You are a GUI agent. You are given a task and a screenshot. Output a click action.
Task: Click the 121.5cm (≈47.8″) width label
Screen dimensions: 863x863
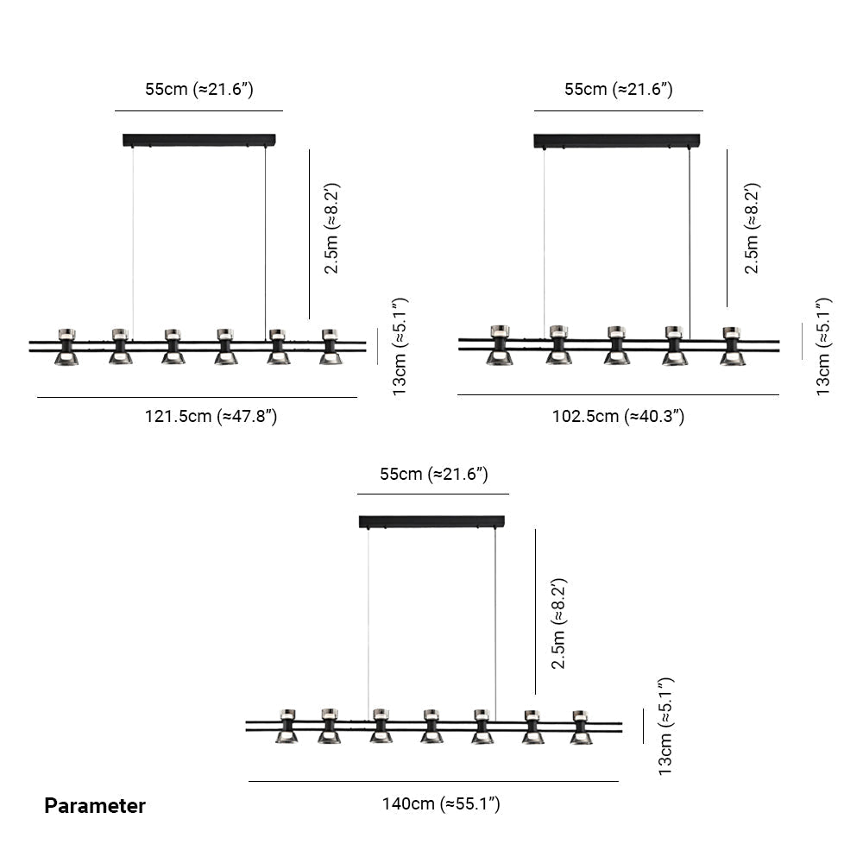[x=210, y=417]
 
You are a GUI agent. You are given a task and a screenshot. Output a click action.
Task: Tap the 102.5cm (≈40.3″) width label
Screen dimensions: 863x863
[x=618, y=417]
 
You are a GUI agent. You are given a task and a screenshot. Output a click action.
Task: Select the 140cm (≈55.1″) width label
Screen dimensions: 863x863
[x=441, y=804]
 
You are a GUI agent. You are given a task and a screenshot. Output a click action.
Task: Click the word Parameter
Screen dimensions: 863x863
[x=95, y=806]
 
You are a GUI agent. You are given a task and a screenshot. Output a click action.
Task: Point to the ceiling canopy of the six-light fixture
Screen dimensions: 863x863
[x=199, y=139]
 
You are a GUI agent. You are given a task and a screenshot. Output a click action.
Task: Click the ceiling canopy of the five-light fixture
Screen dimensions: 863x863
[x=617, y=140]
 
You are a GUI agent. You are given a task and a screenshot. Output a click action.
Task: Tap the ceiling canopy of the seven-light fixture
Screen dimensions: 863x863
[x=431, y=521]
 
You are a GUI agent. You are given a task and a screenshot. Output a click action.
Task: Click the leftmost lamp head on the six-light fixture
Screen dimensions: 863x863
[x=66, y=346]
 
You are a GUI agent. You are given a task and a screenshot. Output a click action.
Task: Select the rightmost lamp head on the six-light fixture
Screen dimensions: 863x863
[x=329, y=346]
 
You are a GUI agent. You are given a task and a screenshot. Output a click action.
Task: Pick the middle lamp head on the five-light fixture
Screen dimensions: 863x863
[x=616, y=345]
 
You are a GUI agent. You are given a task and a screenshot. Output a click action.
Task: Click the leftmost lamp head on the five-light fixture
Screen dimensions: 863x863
[x=499, y=345]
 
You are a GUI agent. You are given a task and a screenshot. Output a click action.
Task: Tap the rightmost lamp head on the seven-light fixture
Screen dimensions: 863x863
[x=581, y=728]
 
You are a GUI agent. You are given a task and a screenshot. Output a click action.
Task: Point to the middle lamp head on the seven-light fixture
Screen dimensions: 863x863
[x=432, y=727]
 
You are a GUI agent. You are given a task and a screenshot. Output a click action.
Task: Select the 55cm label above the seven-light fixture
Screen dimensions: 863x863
[x=434, y=474]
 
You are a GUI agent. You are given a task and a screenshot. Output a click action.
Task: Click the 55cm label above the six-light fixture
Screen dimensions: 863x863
[x=198, y=89]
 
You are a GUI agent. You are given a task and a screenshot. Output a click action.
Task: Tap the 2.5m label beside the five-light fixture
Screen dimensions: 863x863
[x=753, y=228]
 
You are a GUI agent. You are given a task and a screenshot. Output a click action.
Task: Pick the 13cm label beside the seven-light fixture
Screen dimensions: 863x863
[x=665, y=726]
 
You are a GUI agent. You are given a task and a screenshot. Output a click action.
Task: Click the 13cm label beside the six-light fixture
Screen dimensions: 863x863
[x=400, y=346]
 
